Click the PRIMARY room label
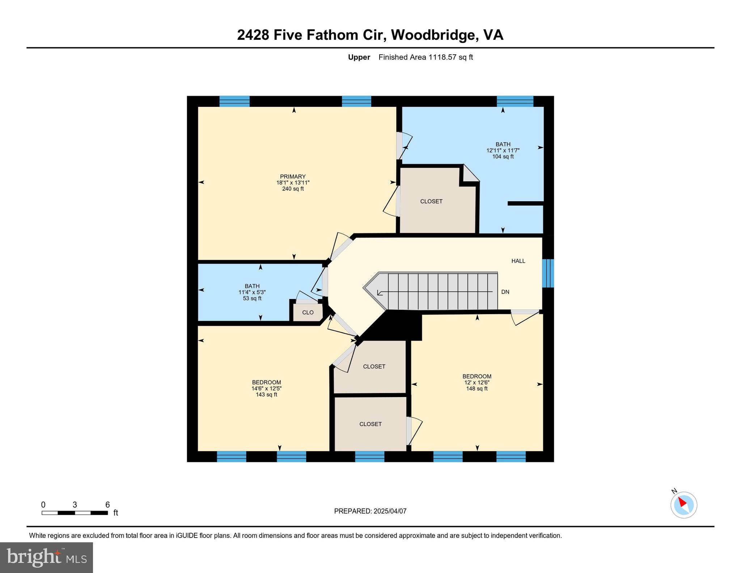(292, 177)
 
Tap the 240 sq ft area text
(293, 189)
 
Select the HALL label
(518, 261)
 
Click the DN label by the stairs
(505, 292)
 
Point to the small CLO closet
(308, 312)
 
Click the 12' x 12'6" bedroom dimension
(477, 382)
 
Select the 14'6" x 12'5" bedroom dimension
(266, 388)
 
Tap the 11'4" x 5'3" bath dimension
(252, 292)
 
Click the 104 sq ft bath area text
(503, 156)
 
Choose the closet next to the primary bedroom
(431, 201)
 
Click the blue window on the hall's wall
(548, 273)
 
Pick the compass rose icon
(683, 505)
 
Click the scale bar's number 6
(107, 505)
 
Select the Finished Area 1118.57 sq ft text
(425, 57)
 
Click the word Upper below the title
(359, 57)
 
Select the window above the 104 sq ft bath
(515, 101)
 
